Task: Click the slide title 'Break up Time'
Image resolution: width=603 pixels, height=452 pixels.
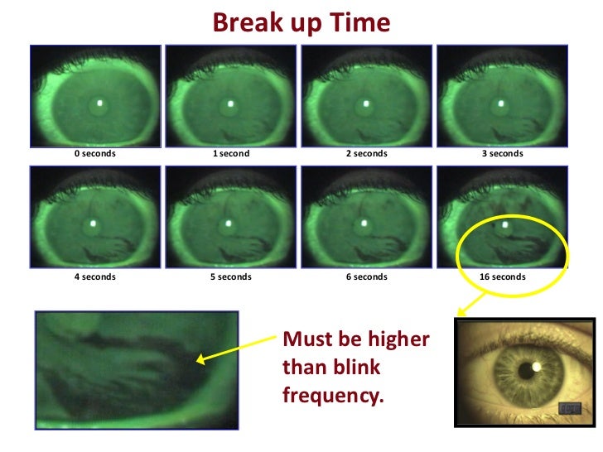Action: coord(301,22)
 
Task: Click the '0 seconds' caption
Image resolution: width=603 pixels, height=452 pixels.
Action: coord(95,154)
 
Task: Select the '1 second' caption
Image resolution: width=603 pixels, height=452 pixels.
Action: coord(231,154)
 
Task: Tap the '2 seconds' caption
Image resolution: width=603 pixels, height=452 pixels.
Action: coord(366,154)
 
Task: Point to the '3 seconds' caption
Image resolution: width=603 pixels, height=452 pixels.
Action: coord(503,154)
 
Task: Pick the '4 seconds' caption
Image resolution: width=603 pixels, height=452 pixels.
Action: coord(95,276)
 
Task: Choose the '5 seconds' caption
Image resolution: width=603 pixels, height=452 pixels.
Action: coord(231,276)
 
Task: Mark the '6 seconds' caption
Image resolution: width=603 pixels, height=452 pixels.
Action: coord(366,276)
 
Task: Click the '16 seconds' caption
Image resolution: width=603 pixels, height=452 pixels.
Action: coord(503,276)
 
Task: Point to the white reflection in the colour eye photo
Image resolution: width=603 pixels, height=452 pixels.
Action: coord(536,367)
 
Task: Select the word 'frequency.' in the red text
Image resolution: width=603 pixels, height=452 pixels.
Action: coord(334,395)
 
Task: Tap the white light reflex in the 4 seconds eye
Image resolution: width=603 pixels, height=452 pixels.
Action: coord(94,224)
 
